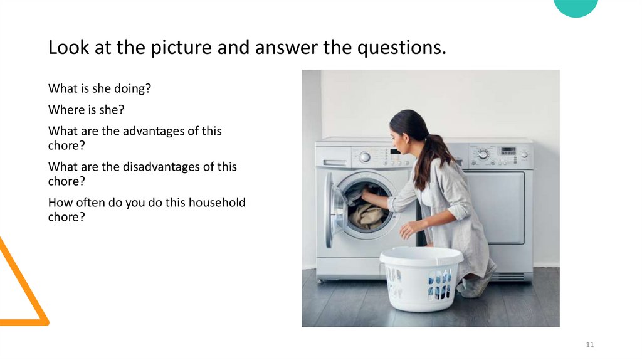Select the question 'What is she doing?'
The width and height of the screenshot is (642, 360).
coord(100,89)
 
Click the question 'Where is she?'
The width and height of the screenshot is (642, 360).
coord(87,110)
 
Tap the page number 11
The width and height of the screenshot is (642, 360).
coord(589,345)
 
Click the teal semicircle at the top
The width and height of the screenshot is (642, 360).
coord(576,7)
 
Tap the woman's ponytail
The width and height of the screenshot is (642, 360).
coord(433,154)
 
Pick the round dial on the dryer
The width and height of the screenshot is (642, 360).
coord(482,154)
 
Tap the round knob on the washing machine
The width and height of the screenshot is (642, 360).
coord(365,157)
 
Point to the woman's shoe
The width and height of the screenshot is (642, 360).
coord(471,288)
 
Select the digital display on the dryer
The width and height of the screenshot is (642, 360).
coord(508,151)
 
